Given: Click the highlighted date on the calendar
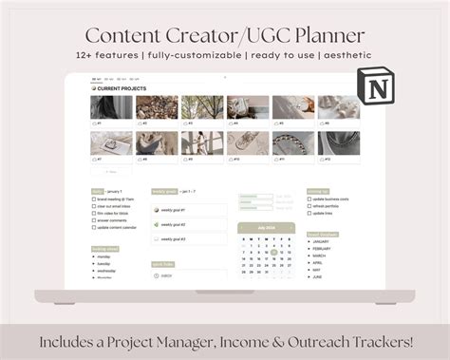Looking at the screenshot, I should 273,252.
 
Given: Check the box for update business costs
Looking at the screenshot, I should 309,199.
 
